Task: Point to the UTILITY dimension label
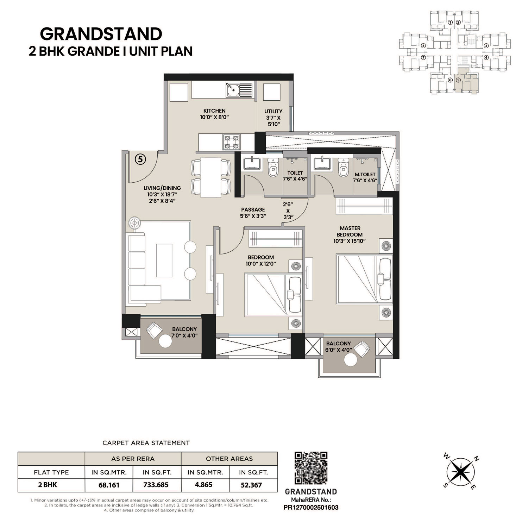[274, 118]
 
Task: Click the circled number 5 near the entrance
[140, 159]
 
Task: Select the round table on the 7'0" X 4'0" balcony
[164, 341]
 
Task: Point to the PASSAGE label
[253, 210]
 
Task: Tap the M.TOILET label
[365, 174]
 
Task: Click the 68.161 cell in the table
[109, 485]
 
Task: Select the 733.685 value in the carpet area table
[156, 485]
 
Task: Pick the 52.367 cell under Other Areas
[251, 485]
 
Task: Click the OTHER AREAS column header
[229, 459]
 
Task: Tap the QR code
[311, 468]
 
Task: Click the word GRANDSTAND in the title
[101, 34]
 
